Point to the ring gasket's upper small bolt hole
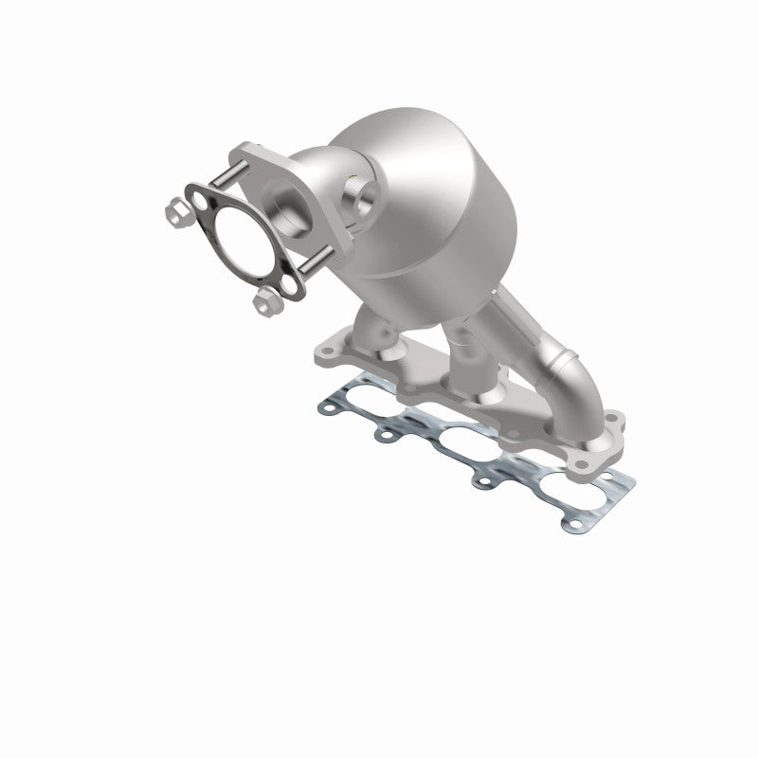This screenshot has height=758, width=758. [199, 201]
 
